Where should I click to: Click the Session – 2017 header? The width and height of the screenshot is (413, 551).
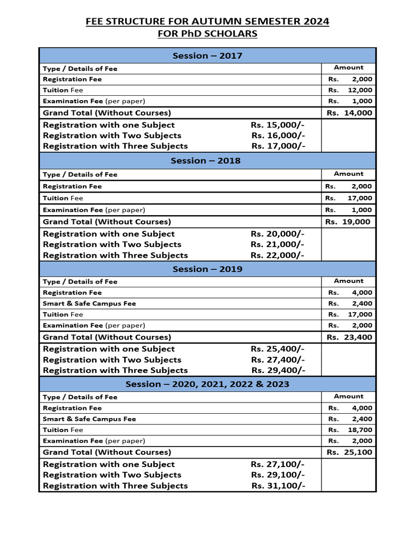207,55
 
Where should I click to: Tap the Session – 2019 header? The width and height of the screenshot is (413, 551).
207,269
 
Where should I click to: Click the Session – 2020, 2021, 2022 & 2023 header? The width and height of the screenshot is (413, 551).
207,384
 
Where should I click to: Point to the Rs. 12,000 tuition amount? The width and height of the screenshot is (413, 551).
350,90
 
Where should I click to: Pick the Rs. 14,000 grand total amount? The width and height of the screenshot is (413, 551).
349,113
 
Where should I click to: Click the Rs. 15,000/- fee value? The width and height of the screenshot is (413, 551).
277,125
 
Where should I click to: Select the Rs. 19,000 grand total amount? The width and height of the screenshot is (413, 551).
348,222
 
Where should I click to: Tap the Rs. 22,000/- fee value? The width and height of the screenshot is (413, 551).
277,255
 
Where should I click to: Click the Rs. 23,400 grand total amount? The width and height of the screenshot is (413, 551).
349,337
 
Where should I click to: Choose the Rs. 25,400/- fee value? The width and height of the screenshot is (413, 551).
277,349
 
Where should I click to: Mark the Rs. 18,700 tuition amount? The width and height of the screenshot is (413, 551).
350,430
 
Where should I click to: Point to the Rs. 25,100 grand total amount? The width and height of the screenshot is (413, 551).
349,453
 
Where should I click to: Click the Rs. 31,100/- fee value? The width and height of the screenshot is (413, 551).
278,486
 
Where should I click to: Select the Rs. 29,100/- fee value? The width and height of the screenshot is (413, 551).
277,475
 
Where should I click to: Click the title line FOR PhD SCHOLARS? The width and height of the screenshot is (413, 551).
207,34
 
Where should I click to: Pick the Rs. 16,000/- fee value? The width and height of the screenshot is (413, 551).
277,136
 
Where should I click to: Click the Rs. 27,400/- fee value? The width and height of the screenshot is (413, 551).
277,359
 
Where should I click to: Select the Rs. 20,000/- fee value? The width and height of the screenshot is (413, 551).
277,234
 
